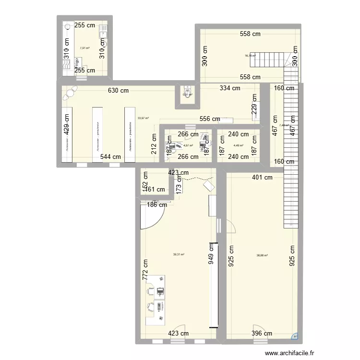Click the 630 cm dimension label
click(x=118, y=90)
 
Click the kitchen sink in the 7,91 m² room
click(x=102, y=31)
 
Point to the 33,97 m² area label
click(x=143, y=118)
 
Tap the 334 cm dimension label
click(x=229, y=88)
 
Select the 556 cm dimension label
click(x=209, y=119)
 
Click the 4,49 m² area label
click(x=238, y=146)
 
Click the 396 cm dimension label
click(x=262, y=333)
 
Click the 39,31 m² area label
click(x=179, y=255)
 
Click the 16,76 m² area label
click(x=250, y=56)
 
